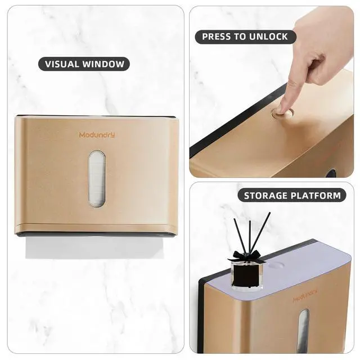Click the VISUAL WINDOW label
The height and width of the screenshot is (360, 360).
(84, 64)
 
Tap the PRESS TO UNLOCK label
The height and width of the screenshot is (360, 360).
(245, 37)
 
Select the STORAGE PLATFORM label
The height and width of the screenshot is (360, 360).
(292, 196)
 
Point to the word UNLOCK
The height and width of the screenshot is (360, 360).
(268, 37)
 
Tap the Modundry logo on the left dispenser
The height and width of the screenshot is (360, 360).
(97, 135)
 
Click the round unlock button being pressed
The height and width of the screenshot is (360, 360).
(282, 113)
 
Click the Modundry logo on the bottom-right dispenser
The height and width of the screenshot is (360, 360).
(304, 295)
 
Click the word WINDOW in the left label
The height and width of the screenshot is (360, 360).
(106, 64)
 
